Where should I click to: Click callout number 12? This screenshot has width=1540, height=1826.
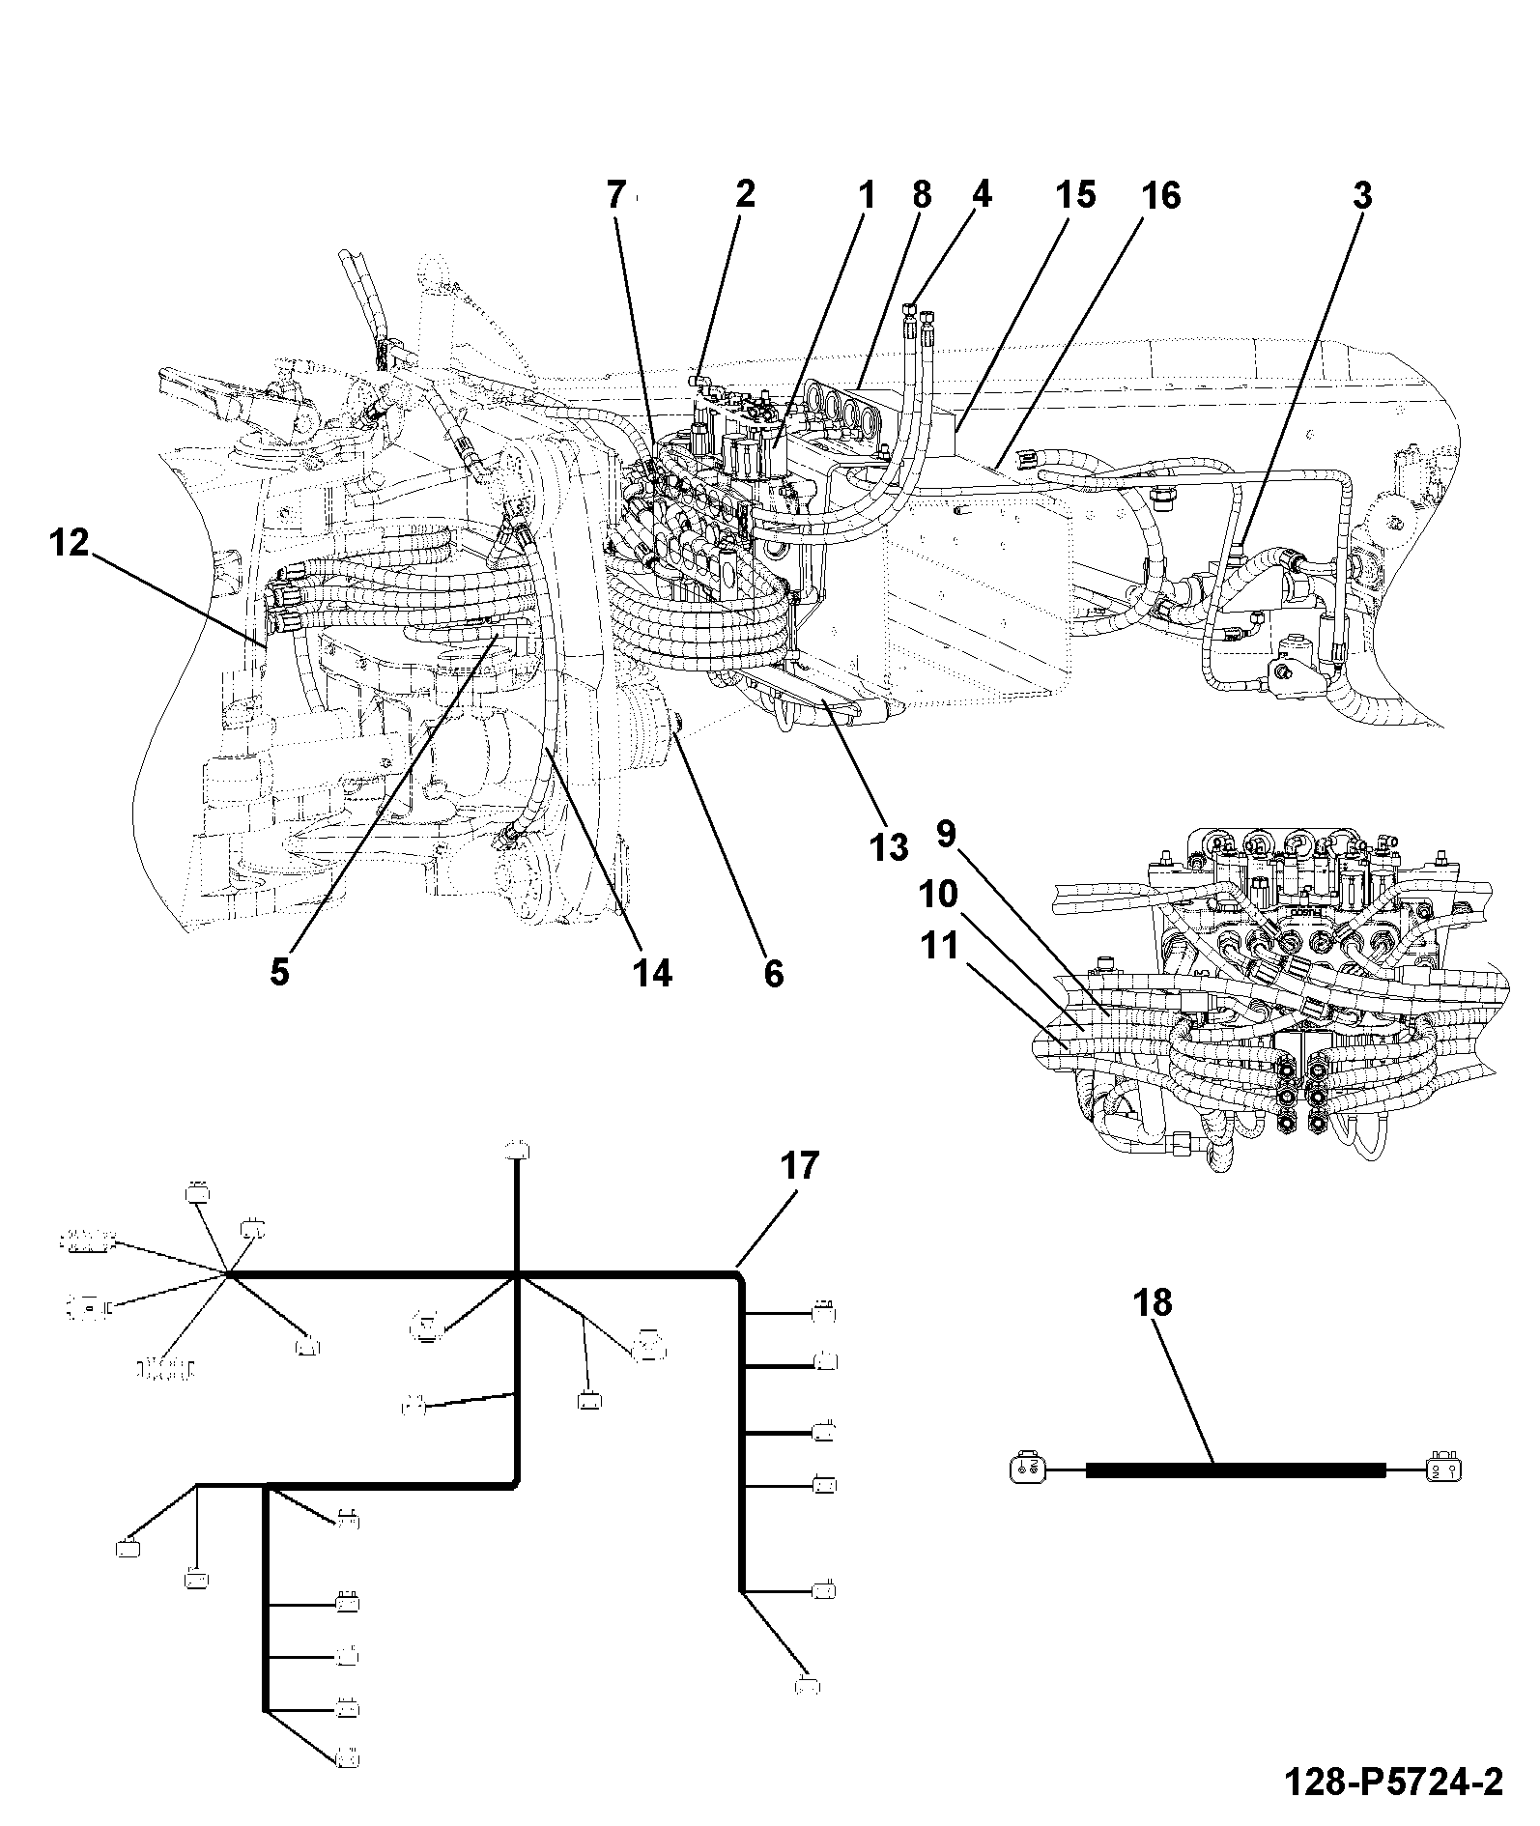tap(69, 543)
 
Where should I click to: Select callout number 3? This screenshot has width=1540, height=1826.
tap(1361, 196)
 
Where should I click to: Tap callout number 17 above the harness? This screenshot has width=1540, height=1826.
tap(799, 1166)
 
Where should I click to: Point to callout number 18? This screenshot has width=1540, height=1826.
tap(1154, 1303)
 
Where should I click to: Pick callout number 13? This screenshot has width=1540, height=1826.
tap(889, 847)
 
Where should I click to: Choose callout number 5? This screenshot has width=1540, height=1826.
tap(279, 972)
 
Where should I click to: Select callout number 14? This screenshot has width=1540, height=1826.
tap(652, 972)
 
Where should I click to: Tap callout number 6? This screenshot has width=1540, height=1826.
tap(774, 972)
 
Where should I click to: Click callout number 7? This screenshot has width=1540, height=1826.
tap(616, 196)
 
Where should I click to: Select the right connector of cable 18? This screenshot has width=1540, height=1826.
tap(1443, 1470)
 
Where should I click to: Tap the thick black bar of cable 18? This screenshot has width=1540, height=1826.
tap(1236, 1470)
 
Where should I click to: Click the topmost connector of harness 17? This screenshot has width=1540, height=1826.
tap(519, 1149)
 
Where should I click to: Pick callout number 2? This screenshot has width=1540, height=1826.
tap(744, 196)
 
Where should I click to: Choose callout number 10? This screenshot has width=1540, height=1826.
tap(938, 895)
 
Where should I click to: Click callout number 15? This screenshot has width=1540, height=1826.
tap(1075, 196)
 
